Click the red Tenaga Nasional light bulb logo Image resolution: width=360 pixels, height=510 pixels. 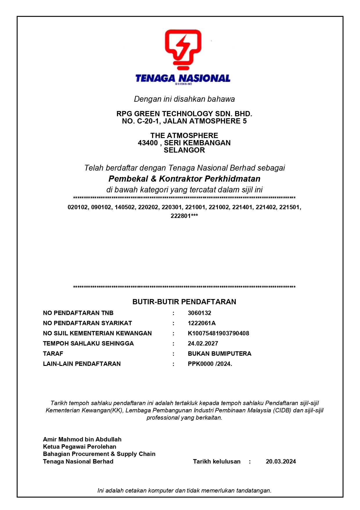(183, 49)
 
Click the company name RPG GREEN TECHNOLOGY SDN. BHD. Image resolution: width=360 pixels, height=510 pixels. (184, 114)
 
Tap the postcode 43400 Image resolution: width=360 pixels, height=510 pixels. (148, 143)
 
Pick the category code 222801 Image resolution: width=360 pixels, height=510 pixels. (181, 216)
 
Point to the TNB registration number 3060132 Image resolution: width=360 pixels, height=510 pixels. (199, 313)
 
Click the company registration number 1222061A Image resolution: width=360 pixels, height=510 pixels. (201, 323)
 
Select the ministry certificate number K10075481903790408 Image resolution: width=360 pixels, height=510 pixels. (218, 333)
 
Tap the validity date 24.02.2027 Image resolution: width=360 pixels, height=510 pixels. (203, 343)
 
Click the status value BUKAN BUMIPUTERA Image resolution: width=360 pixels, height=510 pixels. (219, 354)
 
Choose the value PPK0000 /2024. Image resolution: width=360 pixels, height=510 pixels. (210, 364)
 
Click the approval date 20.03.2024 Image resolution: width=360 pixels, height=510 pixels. (281, 461)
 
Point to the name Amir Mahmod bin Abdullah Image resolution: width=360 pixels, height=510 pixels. (82, 439)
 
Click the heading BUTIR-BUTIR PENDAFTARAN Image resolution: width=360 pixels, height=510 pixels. (184, 302)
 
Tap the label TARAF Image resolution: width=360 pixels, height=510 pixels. (53, 354)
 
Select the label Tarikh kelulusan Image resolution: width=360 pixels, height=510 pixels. (217, 461)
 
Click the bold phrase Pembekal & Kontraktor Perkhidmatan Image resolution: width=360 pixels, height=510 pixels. (184, 179)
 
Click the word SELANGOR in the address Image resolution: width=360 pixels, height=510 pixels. (184, 150)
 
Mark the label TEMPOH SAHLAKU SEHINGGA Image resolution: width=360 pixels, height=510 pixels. (88, 343)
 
